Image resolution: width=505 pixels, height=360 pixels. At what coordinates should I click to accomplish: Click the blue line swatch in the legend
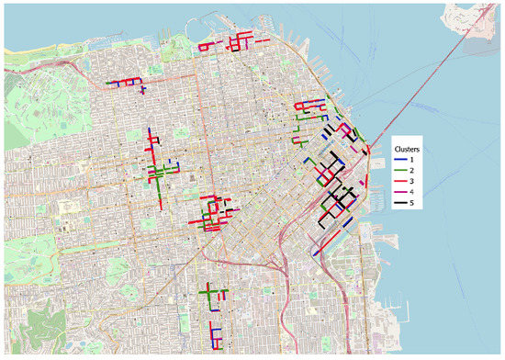[399, 159]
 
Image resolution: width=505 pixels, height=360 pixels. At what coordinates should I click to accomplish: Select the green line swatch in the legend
[399, 170]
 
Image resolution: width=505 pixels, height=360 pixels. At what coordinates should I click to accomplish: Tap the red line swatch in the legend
[399, 181]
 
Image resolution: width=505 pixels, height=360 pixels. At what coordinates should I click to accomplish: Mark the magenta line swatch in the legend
[399, 192]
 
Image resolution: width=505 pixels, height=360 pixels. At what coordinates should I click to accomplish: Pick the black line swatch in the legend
[399, 203]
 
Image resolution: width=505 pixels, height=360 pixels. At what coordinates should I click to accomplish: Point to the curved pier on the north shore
[178, 21]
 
